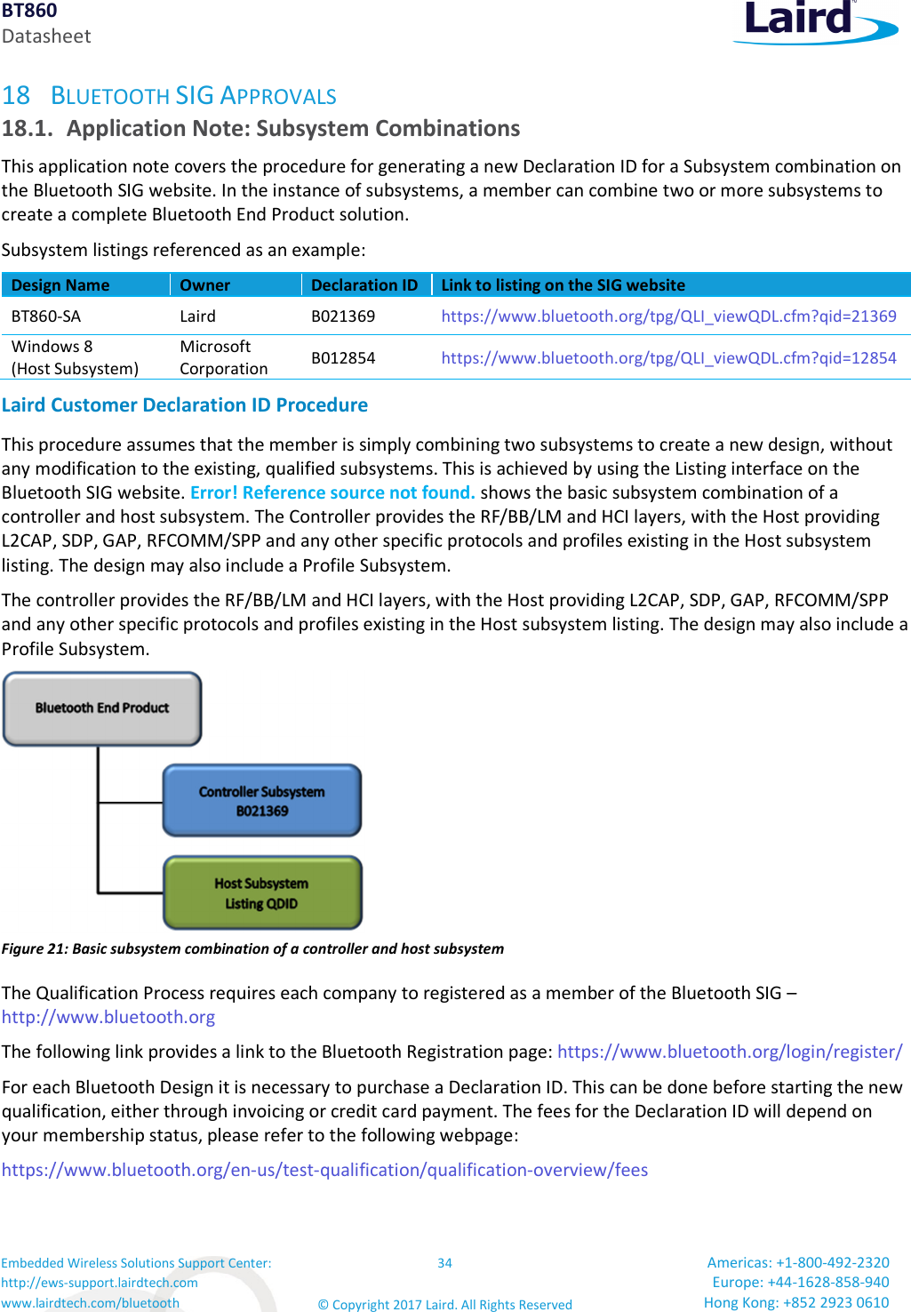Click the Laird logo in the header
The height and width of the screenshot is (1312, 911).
pos(813,21)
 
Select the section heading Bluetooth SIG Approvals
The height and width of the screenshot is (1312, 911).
pos(193,96)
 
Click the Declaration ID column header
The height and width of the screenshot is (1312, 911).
pos(364,285)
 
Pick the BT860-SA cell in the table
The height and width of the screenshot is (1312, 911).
pos(46,316)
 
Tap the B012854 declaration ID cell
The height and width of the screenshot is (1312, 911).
pos(343,358)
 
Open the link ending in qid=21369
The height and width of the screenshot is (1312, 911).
pos(668,316)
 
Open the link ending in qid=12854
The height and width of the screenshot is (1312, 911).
pos(668,358)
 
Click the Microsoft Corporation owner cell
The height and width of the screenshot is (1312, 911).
pos(223,357)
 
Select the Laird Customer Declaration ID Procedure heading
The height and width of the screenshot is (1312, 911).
pos(185,405)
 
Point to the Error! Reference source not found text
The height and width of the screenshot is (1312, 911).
pos(332,492)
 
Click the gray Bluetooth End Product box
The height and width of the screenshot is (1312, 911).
pos(102,708)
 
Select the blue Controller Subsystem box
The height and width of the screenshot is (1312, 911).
pos(261,800)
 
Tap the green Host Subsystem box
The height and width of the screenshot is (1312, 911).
pos(261,892)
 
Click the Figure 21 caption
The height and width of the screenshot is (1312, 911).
pos(252,948)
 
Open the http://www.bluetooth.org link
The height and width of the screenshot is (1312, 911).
pos(108,1017)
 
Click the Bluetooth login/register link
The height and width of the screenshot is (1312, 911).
pos(729,1052)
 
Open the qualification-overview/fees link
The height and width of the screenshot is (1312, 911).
pos(324,1170)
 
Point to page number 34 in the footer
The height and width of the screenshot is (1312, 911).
pos(444,1263)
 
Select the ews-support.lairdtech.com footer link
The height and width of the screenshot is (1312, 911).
pos(100,1283)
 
